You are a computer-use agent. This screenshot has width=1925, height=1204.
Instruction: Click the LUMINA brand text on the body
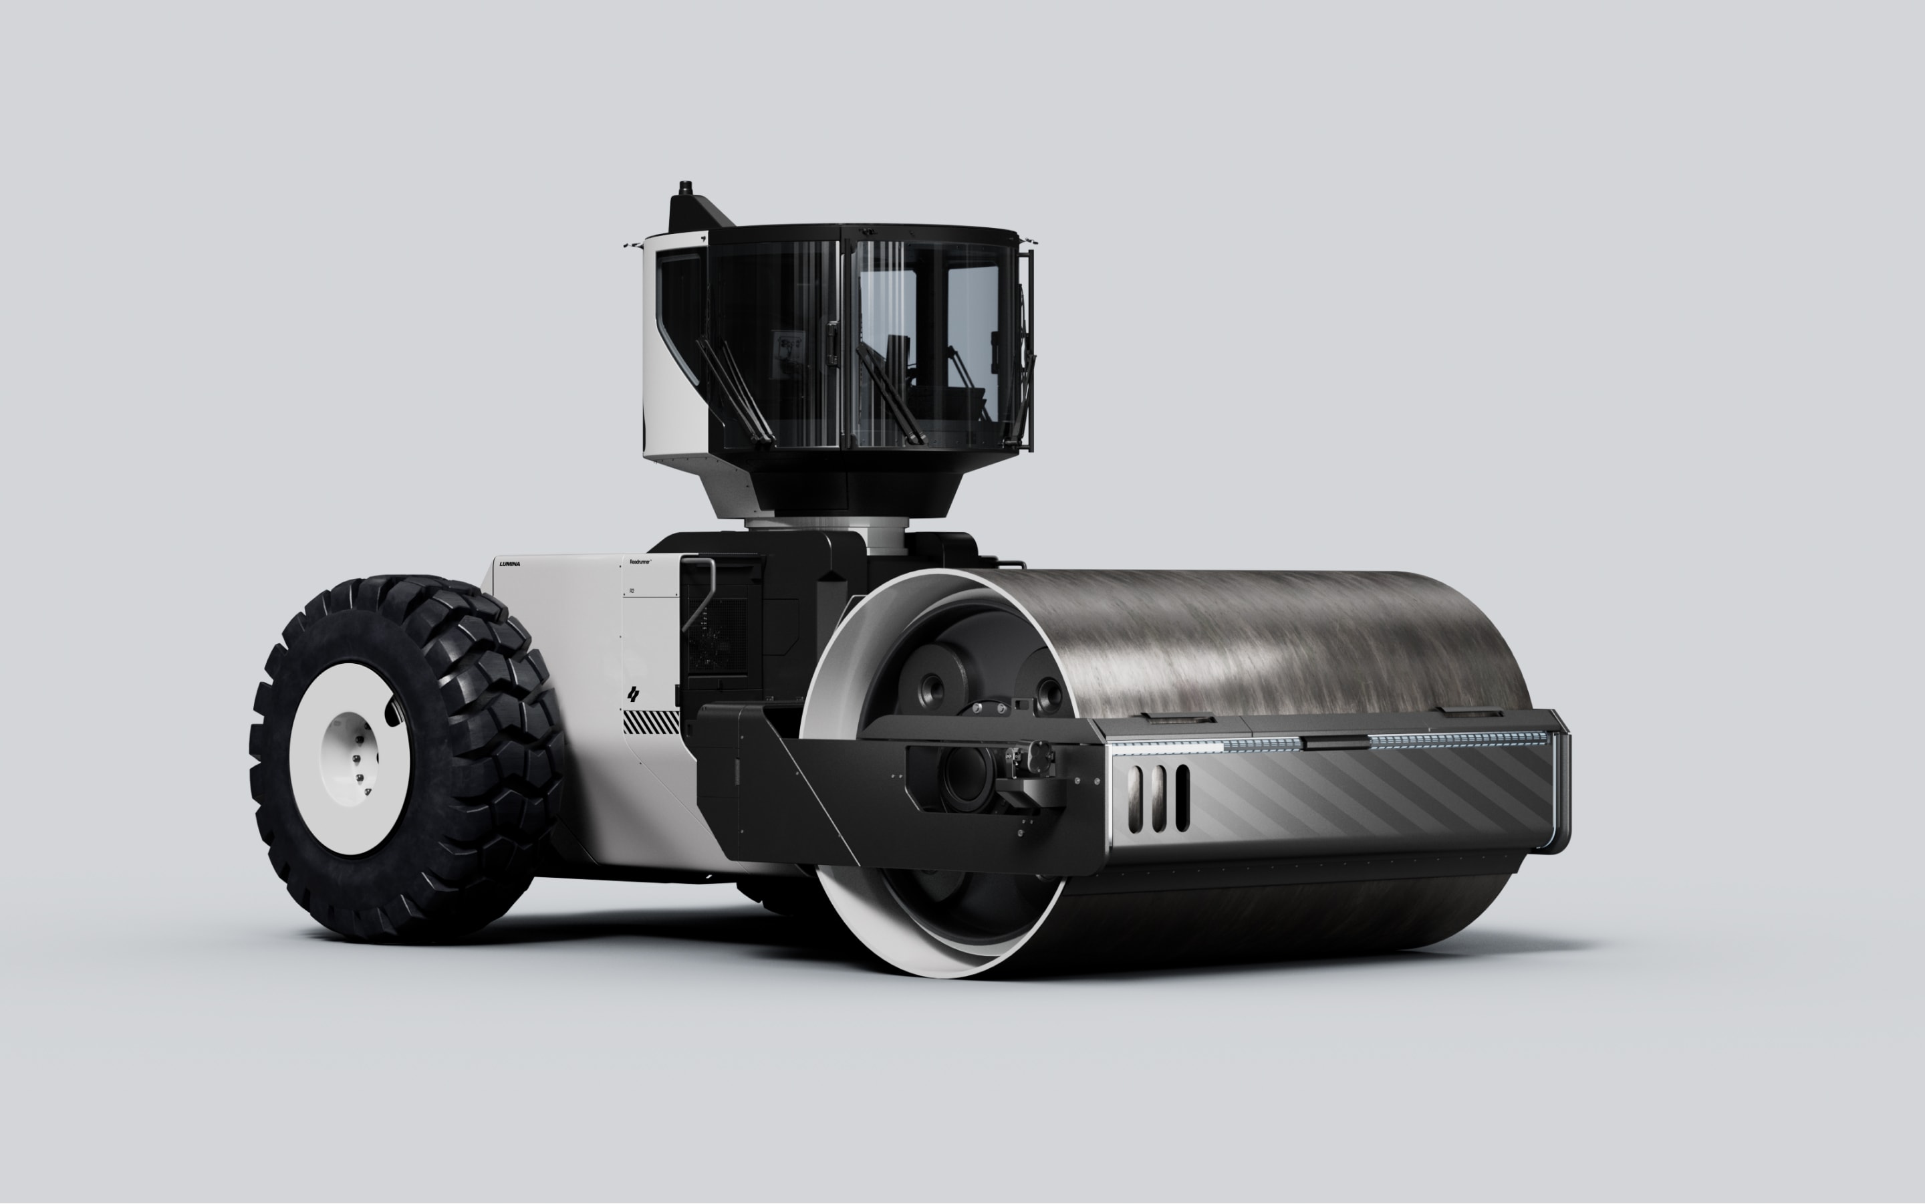pyautogui.click(x=509, y=564)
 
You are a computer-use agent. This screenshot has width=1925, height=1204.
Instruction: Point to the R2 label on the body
pyautogui.click(x=632, y=591)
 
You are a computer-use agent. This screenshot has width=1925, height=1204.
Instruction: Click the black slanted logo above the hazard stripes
pyautogui.click(x=633, y=693)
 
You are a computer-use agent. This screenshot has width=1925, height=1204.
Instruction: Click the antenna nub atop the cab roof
pyautogui.click(x=684, y=188)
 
